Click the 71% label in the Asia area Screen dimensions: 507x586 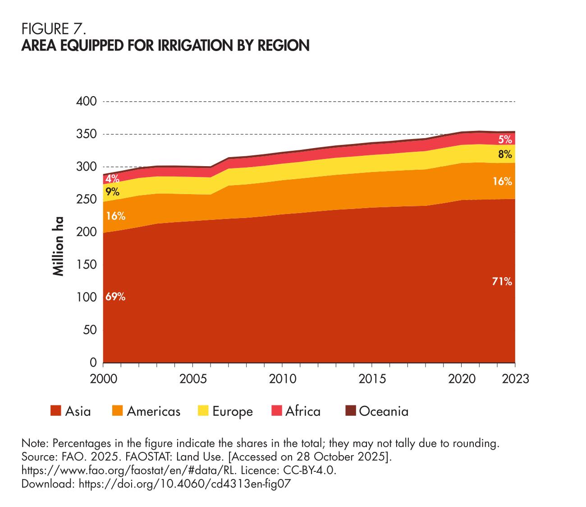502,282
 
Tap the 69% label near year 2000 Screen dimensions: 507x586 115,297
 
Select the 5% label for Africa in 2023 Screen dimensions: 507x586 505,140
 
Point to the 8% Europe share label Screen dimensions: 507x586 505,155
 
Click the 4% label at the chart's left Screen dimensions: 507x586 113,177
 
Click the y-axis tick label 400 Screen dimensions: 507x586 87,101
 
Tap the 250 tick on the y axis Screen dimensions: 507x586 87,200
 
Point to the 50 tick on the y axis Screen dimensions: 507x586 90,330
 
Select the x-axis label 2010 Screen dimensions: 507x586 282,378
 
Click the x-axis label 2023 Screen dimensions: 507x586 515,378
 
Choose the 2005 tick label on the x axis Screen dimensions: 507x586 193,378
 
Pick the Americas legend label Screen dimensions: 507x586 153,411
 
